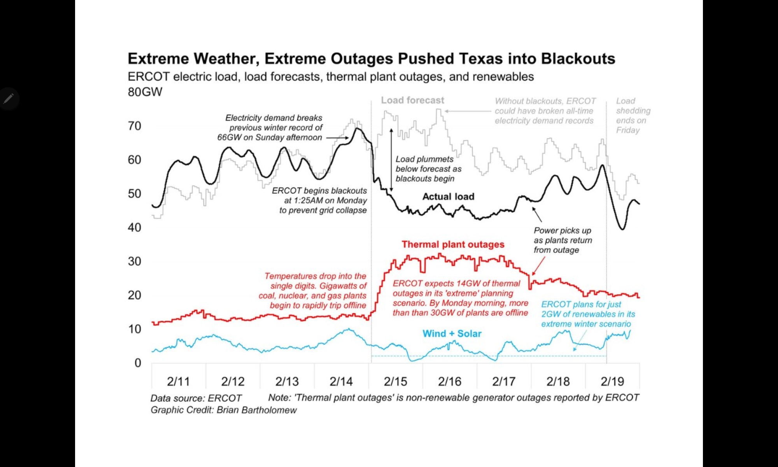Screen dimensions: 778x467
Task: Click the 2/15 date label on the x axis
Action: point(395,381)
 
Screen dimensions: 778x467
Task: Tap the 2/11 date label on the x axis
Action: point(178,381)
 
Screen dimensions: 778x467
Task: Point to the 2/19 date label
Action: point(612,381)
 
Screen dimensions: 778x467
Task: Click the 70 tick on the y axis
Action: point(135,126)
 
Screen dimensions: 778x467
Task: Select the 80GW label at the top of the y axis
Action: point(145,92)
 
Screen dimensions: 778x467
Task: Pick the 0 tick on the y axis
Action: point(138,363)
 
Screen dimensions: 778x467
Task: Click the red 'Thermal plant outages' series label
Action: point(453,244)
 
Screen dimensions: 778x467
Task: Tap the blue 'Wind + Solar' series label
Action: point(452,334)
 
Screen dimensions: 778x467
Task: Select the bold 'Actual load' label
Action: point(449,197)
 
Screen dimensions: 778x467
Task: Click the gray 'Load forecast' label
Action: point(412,100)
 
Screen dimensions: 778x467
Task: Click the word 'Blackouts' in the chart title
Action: point(578,59)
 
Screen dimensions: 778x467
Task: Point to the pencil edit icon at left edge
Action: point(9,99)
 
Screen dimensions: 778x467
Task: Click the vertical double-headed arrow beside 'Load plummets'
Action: point(391,160)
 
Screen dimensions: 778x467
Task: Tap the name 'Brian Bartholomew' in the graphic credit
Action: point(257,410)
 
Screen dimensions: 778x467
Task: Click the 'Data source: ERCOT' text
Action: point(196,399)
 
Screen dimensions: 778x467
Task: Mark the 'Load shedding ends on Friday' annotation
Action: point(633,116)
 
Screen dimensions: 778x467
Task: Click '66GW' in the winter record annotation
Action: point(229,137)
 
